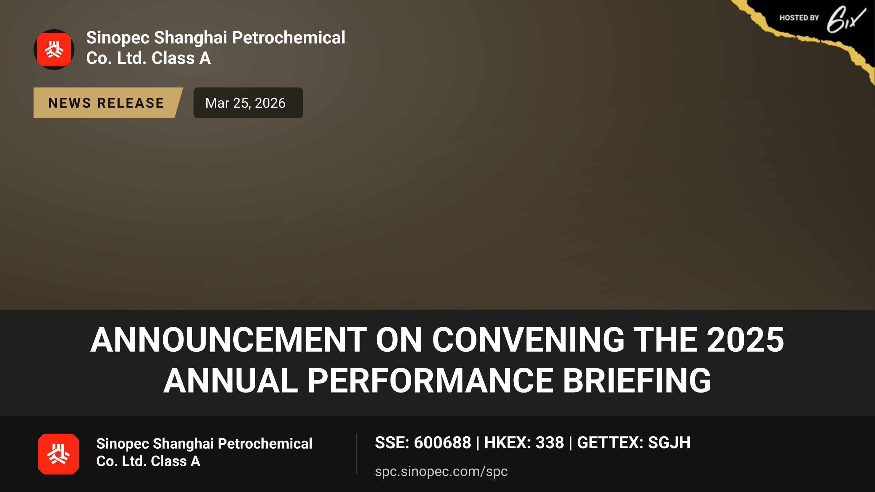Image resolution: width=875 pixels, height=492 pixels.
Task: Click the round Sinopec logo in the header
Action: tap(54, 50)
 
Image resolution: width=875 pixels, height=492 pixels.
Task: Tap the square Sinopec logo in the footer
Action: tap(58, 454)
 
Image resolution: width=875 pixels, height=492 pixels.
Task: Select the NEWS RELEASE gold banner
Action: tap(108, 103)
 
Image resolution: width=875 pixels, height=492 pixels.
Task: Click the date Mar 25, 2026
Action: tap(245, 103)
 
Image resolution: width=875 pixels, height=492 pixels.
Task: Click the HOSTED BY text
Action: tap(799, 18)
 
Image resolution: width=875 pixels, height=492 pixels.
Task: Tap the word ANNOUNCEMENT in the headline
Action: tap(229, 340)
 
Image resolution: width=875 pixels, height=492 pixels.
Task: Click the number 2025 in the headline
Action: tap(745, 340)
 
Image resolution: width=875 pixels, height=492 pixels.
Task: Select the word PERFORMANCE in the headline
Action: tap(431, 380)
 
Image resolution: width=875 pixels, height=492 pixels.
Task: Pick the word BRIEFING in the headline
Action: tap(637, 380)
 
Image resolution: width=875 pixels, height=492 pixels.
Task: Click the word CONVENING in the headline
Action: tap(528, 340)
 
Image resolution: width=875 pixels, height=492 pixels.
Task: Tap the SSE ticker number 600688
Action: tap(443, 443)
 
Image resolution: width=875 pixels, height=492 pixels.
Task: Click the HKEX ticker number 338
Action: tap(550, 443)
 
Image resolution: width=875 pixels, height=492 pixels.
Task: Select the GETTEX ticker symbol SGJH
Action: tap(669, 443)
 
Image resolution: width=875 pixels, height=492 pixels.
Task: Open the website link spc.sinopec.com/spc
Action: tap(441, 472)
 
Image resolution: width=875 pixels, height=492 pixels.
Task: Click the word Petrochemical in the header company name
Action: tap(288, 38)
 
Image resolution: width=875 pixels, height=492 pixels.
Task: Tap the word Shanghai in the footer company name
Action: tap(183, 444)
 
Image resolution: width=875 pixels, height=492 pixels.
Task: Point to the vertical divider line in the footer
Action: tap(357, 454)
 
